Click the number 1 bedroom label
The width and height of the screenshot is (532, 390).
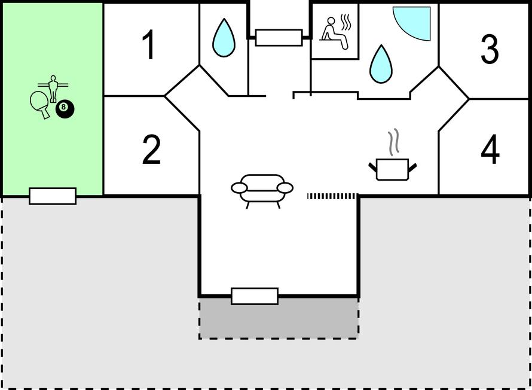pos(149,44)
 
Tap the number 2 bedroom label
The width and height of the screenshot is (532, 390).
pos(151,150)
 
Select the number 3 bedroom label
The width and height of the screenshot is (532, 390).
pos(490,49)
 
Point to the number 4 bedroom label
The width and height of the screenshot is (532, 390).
pos(490,149)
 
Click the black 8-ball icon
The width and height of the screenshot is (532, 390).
pos(65,109)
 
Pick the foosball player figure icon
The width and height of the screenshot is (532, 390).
pos(53,89)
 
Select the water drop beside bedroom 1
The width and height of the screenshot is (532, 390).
pos(224,38)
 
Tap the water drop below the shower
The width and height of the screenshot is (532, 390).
pos(381,65)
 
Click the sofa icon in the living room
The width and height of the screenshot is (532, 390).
pos(262,191)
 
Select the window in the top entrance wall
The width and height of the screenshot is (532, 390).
pos(279,37)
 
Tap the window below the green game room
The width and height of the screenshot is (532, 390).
pos(53,196)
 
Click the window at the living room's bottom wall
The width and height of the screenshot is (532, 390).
pos(255,296)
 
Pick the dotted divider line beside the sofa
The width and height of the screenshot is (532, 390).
pos(332,196)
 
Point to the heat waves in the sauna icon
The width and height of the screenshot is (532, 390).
pos(346,23)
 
